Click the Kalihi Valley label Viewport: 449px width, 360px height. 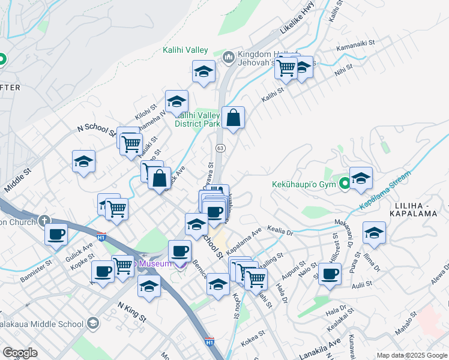[185, 50]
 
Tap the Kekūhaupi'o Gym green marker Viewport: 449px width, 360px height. [345, 184]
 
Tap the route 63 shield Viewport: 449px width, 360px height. [220, 148]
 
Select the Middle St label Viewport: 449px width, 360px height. [17, 179]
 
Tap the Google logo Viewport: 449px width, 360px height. [20, 352]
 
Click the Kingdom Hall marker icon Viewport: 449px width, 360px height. [228, 58]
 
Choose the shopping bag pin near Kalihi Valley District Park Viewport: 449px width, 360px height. [233, 118]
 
